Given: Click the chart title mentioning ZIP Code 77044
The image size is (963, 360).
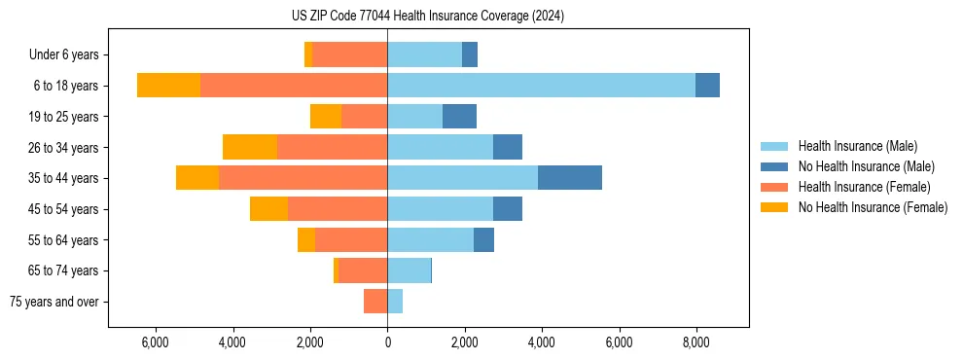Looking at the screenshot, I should pyautogui.click(x=428, y=17).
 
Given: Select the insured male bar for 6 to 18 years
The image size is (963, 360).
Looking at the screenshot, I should pyautogui.click(x=541, y=86).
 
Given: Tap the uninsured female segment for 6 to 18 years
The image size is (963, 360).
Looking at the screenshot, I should pyautogui.click(x=168, y=86).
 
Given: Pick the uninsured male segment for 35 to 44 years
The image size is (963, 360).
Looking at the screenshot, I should pyautogui.click(x=570, y=178).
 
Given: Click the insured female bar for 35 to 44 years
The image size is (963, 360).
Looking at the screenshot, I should pyautogui.click(x=303, y=178).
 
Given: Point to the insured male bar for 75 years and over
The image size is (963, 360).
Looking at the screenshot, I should pyautogui.click(x=395, y=302).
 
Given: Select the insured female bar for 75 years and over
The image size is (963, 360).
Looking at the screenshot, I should pyautogui.click(x=375, y=302).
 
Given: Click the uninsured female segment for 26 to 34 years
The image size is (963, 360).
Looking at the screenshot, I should pyautogui.click(x=250, y=147).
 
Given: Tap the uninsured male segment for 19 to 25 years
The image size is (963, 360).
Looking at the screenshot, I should pyautogui.click(x=459, y=117).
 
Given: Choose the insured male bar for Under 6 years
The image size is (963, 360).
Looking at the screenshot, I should pyautogui.click(x=424, y=54).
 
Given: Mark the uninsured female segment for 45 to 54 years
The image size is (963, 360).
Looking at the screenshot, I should pyautogui.click(x=268, y=209).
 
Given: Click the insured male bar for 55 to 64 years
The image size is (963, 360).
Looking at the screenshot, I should pyautogui.click(x=430, y=240).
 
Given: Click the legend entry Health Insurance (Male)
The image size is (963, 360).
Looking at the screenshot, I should pyautogui.click(x=857, y=146).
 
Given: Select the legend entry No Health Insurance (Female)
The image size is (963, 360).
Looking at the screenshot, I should pyautogui.click(x=873, y=207).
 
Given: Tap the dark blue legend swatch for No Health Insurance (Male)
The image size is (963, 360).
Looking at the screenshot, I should pyautogui.click(x=774, y=166).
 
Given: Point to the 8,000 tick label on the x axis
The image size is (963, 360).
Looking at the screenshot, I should pyautogui.click(x=695, y=342).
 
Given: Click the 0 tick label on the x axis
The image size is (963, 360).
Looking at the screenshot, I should pyautogui.click(x=387, y=342).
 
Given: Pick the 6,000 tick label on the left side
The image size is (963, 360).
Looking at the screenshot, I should pyautogui.click(x=156, y=342).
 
